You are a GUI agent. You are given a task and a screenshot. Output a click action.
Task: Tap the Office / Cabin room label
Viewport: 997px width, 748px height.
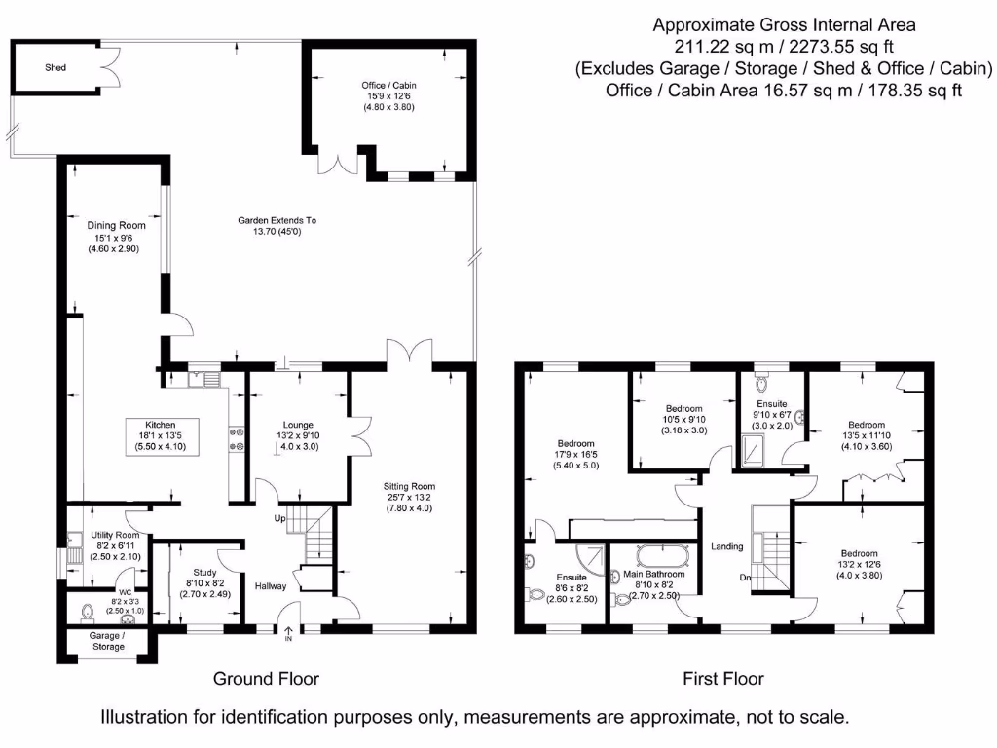point(389,95)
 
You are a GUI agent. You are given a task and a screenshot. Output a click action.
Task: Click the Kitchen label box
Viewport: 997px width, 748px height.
point(160,435)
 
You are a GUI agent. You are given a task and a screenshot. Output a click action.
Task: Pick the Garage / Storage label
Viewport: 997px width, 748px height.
point(107,640)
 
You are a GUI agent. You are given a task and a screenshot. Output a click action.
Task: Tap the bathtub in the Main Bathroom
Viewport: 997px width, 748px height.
point(664,557)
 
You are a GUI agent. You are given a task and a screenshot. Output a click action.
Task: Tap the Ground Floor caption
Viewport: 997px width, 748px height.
point(266,678)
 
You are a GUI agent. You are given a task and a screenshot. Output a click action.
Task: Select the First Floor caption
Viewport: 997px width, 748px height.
point(722,678)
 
